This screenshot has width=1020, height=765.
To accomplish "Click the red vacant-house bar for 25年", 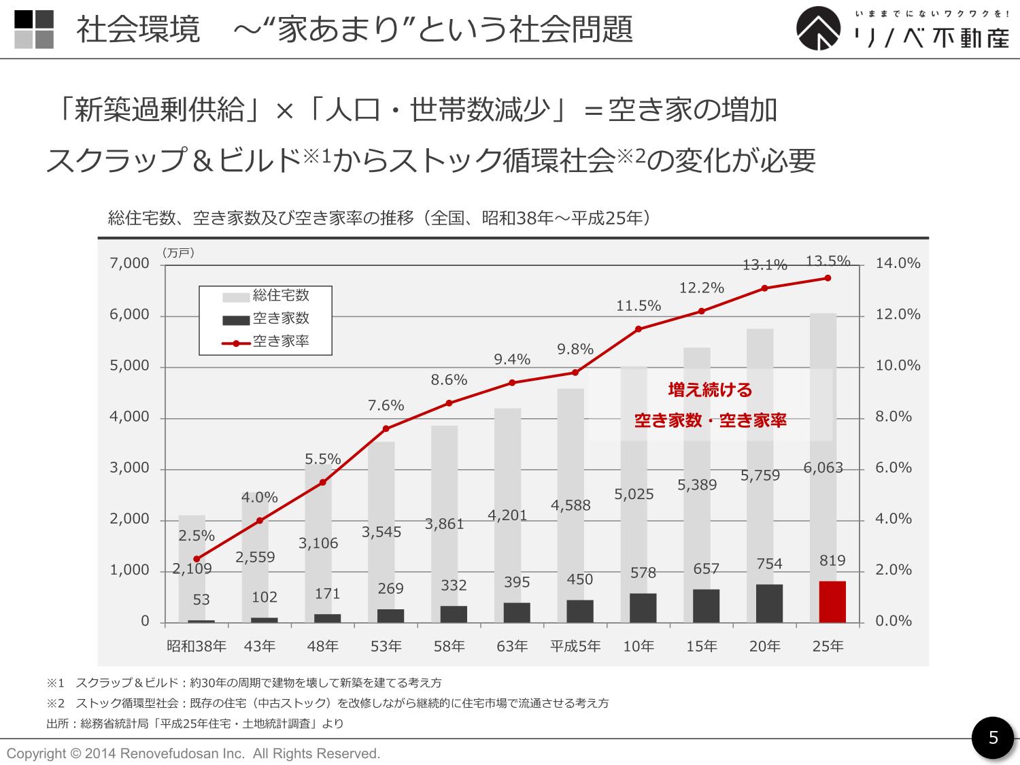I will pos(832,602).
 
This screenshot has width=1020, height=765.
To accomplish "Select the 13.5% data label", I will pos(828,261).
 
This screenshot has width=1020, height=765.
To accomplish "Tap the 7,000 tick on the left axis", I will pos(129,264).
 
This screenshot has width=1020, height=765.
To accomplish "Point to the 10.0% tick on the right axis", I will pos(898,366).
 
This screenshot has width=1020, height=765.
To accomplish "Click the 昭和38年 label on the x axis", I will pos(197,646).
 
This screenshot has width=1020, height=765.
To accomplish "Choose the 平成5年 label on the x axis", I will pos(575,646).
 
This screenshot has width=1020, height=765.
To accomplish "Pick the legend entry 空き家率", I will pos(280,341).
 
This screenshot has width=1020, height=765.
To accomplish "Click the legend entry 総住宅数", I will pos(280,295).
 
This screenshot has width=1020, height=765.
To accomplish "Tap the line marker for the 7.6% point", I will pos(386,428).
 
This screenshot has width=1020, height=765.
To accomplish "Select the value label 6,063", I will pos(823,468).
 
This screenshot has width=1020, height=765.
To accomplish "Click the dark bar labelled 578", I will pos(643,608).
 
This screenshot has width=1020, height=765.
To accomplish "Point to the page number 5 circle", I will pos(993,738).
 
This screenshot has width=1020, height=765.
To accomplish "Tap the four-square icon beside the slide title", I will pos(34,29).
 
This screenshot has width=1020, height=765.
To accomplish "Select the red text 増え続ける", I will pos(710,390).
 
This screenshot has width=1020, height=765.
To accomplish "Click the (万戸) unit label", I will pos(178,253).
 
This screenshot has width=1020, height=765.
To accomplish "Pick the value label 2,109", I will pos(192,569).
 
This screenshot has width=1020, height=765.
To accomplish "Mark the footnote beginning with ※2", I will pos(327,703).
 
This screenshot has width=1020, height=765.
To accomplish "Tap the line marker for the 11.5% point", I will pos(639,329).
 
